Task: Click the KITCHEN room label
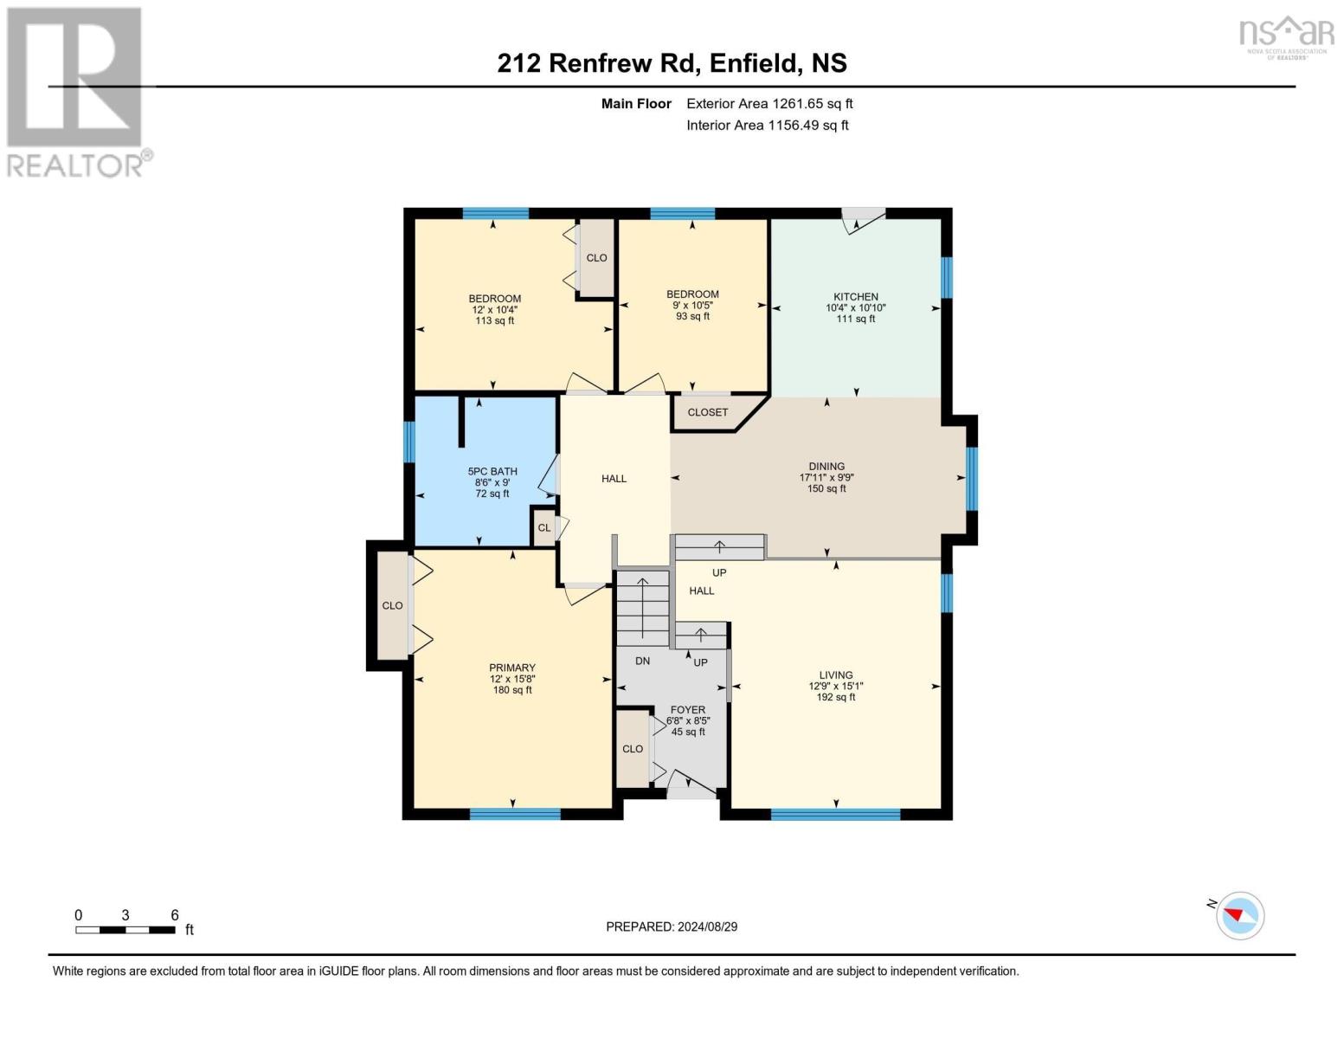pyautogui.click(x=855, y=297)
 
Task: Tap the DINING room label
pyautogui.click(x=826, y=467)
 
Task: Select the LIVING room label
pyautogui.click(x=835, y=675)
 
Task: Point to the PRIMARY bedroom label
pyautogui.click(x=511, y=668)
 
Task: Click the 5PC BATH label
pyautogui.click(x=492, y=472)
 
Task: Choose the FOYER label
pyautogui.click(x=687, y=710)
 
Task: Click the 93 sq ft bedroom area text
pyautogui.click(x=692, y=317)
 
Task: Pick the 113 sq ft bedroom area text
pyautogui.click(x=494, y=321)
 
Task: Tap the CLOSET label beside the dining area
pyautogui.click(x=707, y=412)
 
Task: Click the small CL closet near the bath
pyautogui.click(x=543, y=527)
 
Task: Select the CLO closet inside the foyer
pyautogui.click(x=633, y=749)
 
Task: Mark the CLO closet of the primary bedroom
pyautogui.click(x=392, y=605)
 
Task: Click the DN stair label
pyautogui.click(x=642, y=661)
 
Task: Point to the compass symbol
pyautogui.click(x=1239, y=915)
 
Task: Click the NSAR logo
pyautogui.click(x=1286, y=36)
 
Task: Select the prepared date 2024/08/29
pyautogui.click(x=672, y=926)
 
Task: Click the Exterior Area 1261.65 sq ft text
pyautogui.click(x=769, y=104)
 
